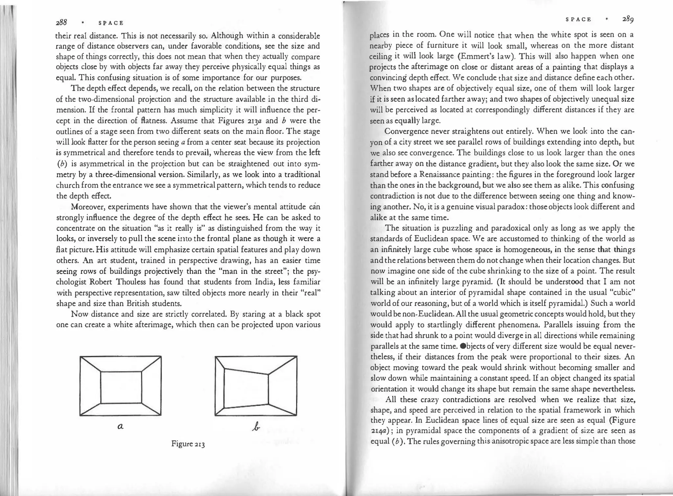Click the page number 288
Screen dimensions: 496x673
click(x=61, y=22)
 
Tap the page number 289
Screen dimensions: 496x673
click(x=628, y=19)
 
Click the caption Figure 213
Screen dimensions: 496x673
click(x=188, y=444)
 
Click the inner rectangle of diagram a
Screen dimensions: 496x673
click(x=121, y=387)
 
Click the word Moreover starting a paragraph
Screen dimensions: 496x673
click(x=88, y=207)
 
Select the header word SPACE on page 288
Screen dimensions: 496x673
click(x=111, y=23)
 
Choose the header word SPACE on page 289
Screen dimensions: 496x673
click(x=578, y=19)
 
